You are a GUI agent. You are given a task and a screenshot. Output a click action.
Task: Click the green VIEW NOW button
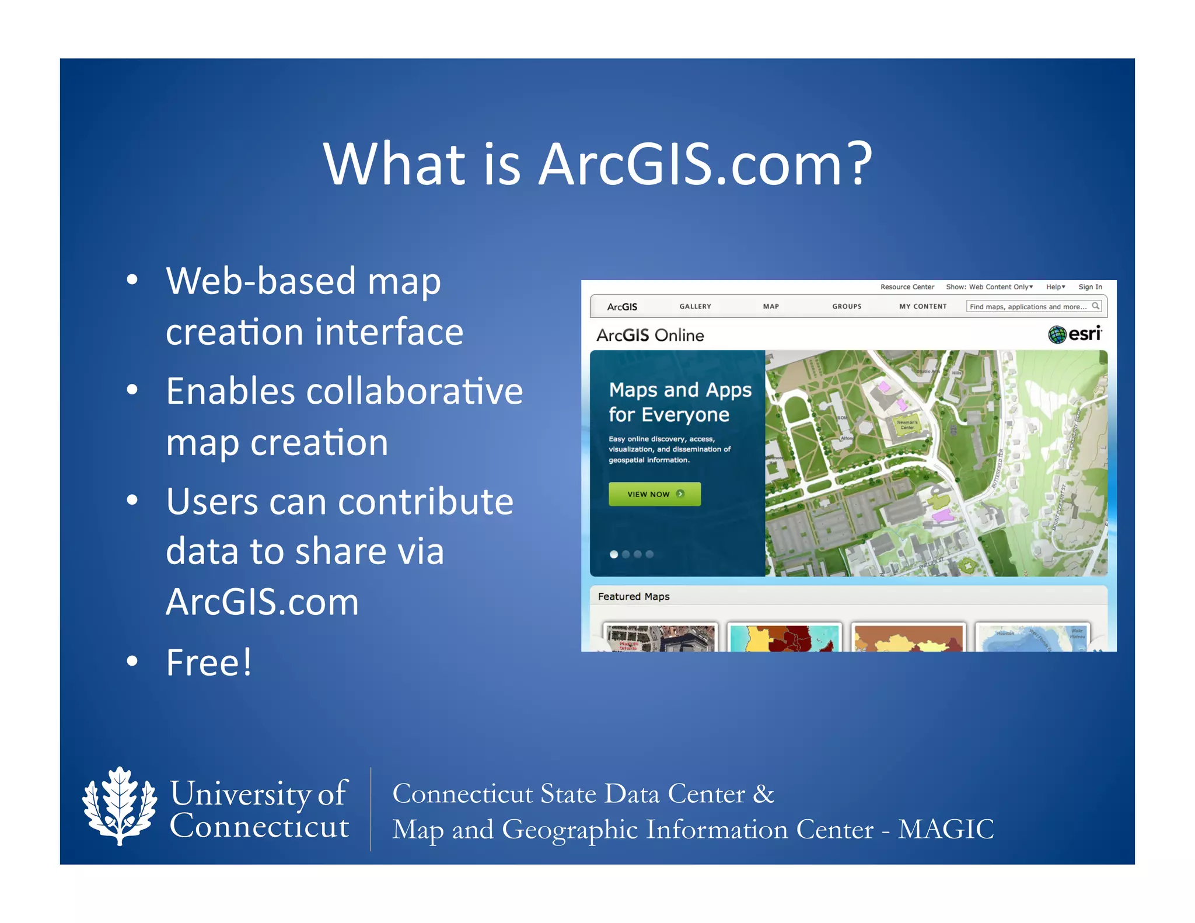[x=654, y=494]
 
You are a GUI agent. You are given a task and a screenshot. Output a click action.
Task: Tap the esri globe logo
[x=1057, y=334]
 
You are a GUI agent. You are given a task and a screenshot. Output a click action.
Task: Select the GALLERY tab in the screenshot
[x=695, y=306]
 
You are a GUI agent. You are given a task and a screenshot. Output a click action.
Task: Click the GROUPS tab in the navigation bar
[x=847, y=306]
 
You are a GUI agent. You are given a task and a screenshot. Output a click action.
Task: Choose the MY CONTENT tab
[x=923, y=306]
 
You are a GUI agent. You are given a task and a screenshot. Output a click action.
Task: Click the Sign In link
[x=1090, y=287]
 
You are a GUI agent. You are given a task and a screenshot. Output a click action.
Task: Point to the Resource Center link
[x=907, y=287]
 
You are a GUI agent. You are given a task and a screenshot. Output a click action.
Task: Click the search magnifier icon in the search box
[x=1095, y=306]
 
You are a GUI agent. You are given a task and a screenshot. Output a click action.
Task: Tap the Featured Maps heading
[x=634, y=596]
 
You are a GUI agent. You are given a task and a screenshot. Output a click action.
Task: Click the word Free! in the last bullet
[x=209, y=663]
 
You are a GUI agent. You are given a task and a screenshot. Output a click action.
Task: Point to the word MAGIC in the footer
[x=945, y=829]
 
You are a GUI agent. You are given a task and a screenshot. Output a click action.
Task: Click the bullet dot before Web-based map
[x=132, y=280]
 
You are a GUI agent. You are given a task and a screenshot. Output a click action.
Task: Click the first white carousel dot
[x=614, y=554]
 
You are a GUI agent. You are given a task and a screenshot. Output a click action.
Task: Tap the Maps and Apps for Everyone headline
[x=680, y=402]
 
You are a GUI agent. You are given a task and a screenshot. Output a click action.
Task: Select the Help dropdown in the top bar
[x=1055, y=287]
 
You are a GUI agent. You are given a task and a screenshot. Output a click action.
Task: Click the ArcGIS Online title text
[x=650, y=335]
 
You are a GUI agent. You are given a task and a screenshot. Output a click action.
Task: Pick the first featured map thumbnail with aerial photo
[x=660, y=638]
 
